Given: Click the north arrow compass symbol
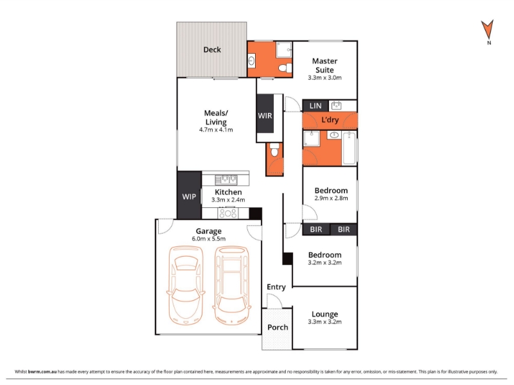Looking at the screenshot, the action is [x=487, y=30].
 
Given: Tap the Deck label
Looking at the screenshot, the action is [x=212, y=50].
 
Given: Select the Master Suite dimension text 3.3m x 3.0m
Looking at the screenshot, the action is [x=324, y=78].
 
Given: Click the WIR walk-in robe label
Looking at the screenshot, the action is [x=265, y=116].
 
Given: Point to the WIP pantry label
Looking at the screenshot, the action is [x=189, y=197].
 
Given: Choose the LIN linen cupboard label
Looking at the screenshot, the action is [x=315, y=106].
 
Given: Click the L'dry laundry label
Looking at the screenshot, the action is [x=330, y=120].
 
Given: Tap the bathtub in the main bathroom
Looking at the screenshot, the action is [x=349, y=148].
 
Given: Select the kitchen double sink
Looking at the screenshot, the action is [x=226, y=180].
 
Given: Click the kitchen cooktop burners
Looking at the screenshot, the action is [x=228, y=214].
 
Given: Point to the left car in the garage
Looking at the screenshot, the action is [x=186, y=285].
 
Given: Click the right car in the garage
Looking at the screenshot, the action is [x=231, y=285].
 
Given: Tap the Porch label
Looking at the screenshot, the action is [x=278, y=327].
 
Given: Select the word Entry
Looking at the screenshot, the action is [x=276, y=287].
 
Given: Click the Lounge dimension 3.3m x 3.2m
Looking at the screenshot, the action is [x=324, y=322].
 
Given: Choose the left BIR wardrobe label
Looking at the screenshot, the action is [x=316, y=230].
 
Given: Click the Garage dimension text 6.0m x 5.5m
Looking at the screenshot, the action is [x=208, y=239].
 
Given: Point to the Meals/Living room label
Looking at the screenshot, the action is [x=216, y=117].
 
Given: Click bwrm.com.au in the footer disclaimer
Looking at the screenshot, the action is [x=42, y=372].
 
